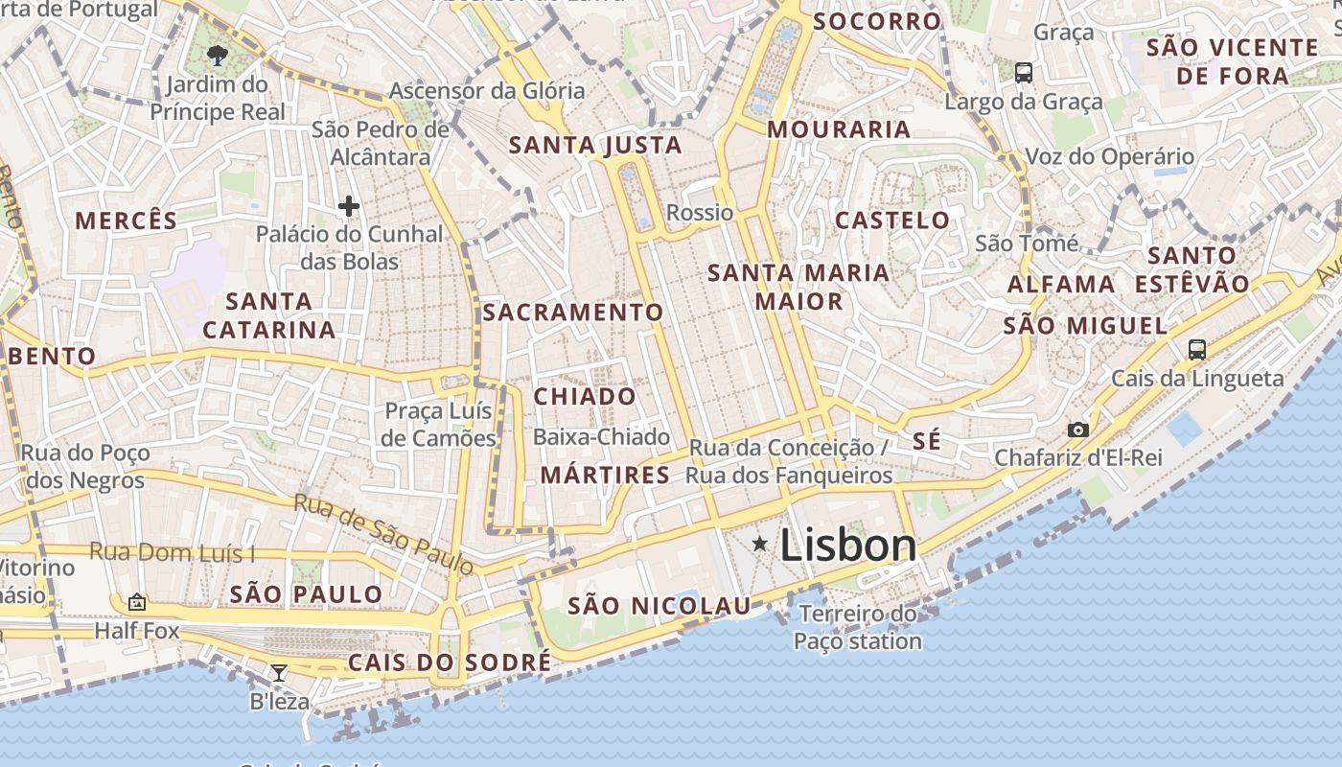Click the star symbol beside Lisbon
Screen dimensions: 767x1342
(x=760, y=545)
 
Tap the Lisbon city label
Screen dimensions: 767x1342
(x=848, y=546)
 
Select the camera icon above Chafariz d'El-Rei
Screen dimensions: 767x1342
(x=1078, y=430)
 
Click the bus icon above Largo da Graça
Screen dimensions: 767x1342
(x=1024, y=72)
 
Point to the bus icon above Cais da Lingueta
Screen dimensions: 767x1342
(x=1197, y=350)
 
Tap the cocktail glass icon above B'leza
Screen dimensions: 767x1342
(x=278, y=673)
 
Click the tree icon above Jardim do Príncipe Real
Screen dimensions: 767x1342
(x=218, y=55)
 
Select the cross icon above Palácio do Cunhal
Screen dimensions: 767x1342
(x=349, y=205)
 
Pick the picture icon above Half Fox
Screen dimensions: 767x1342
(x=137, y=602)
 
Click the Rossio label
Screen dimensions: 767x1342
(x=700, y=213)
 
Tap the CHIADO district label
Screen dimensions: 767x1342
(x=585, y=396)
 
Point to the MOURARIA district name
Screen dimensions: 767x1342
(x=839, y=129)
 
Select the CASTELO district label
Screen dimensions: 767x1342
(x=892, y=221)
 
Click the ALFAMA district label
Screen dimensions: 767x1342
(x=1061, y=285)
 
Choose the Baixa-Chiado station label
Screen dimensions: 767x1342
(x=601, y=437)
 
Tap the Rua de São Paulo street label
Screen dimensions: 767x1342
(x=383, y=534)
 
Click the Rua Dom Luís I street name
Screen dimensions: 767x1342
(x=173, y=553)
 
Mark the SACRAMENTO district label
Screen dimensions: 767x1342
(x=572, y=313)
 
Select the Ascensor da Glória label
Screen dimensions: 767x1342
(x=486, y=91)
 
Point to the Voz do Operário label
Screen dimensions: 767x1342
(x=1110, y=156)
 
